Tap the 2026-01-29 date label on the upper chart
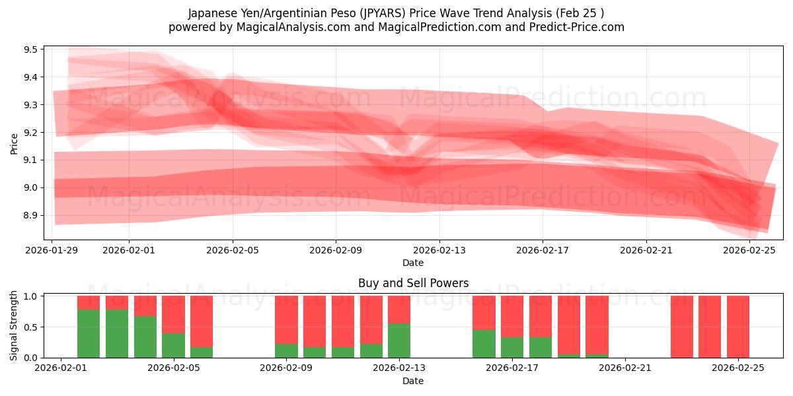click(x=52, y=250)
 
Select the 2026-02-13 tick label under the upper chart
click(x=439, y=250)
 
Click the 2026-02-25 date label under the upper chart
click(x=749, y=250)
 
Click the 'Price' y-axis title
click(x=14, y=143)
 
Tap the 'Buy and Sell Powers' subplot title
click(x=413, y=283)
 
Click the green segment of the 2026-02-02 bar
click(x=89, y=333)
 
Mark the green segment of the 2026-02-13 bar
click(x=399, y=340)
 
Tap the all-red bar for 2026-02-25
click(x=738, y=327)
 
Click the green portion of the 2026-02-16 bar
click(x=484, y=343)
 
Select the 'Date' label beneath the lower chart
click(x=413, y=381)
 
